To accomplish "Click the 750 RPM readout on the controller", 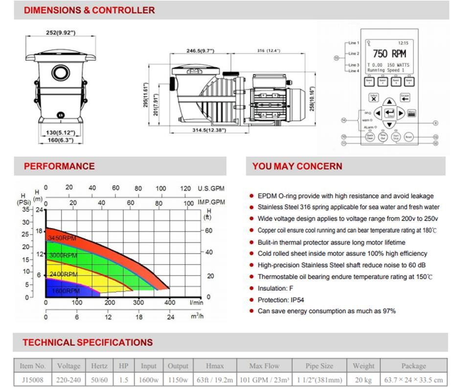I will [x=390, y=53].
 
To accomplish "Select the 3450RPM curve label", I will [x=62, y=238].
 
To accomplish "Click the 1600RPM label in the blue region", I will [x=66, y=291].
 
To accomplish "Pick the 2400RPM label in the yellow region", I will [x=63, y=274].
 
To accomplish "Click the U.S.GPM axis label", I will [x=211, y=188].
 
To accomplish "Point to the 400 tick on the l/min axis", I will [x=169, y=303].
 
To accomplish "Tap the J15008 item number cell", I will [x=33, y=379].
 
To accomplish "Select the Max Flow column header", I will [x=264, y=366].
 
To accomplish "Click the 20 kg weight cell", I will [x=363, y=379].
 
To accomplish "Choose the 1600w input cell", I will [x=149, y=379].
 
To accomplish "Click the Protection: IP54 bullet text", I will [x=281, y=300].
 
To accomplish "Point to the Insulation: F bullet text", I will [x=275, y=288].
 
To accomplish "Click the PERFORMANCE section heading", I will [x=59, y=166].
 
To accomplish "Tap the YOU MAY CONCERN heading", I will [x=297, y=166].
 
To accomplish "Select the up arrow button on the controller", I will [x=389, y=102].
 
